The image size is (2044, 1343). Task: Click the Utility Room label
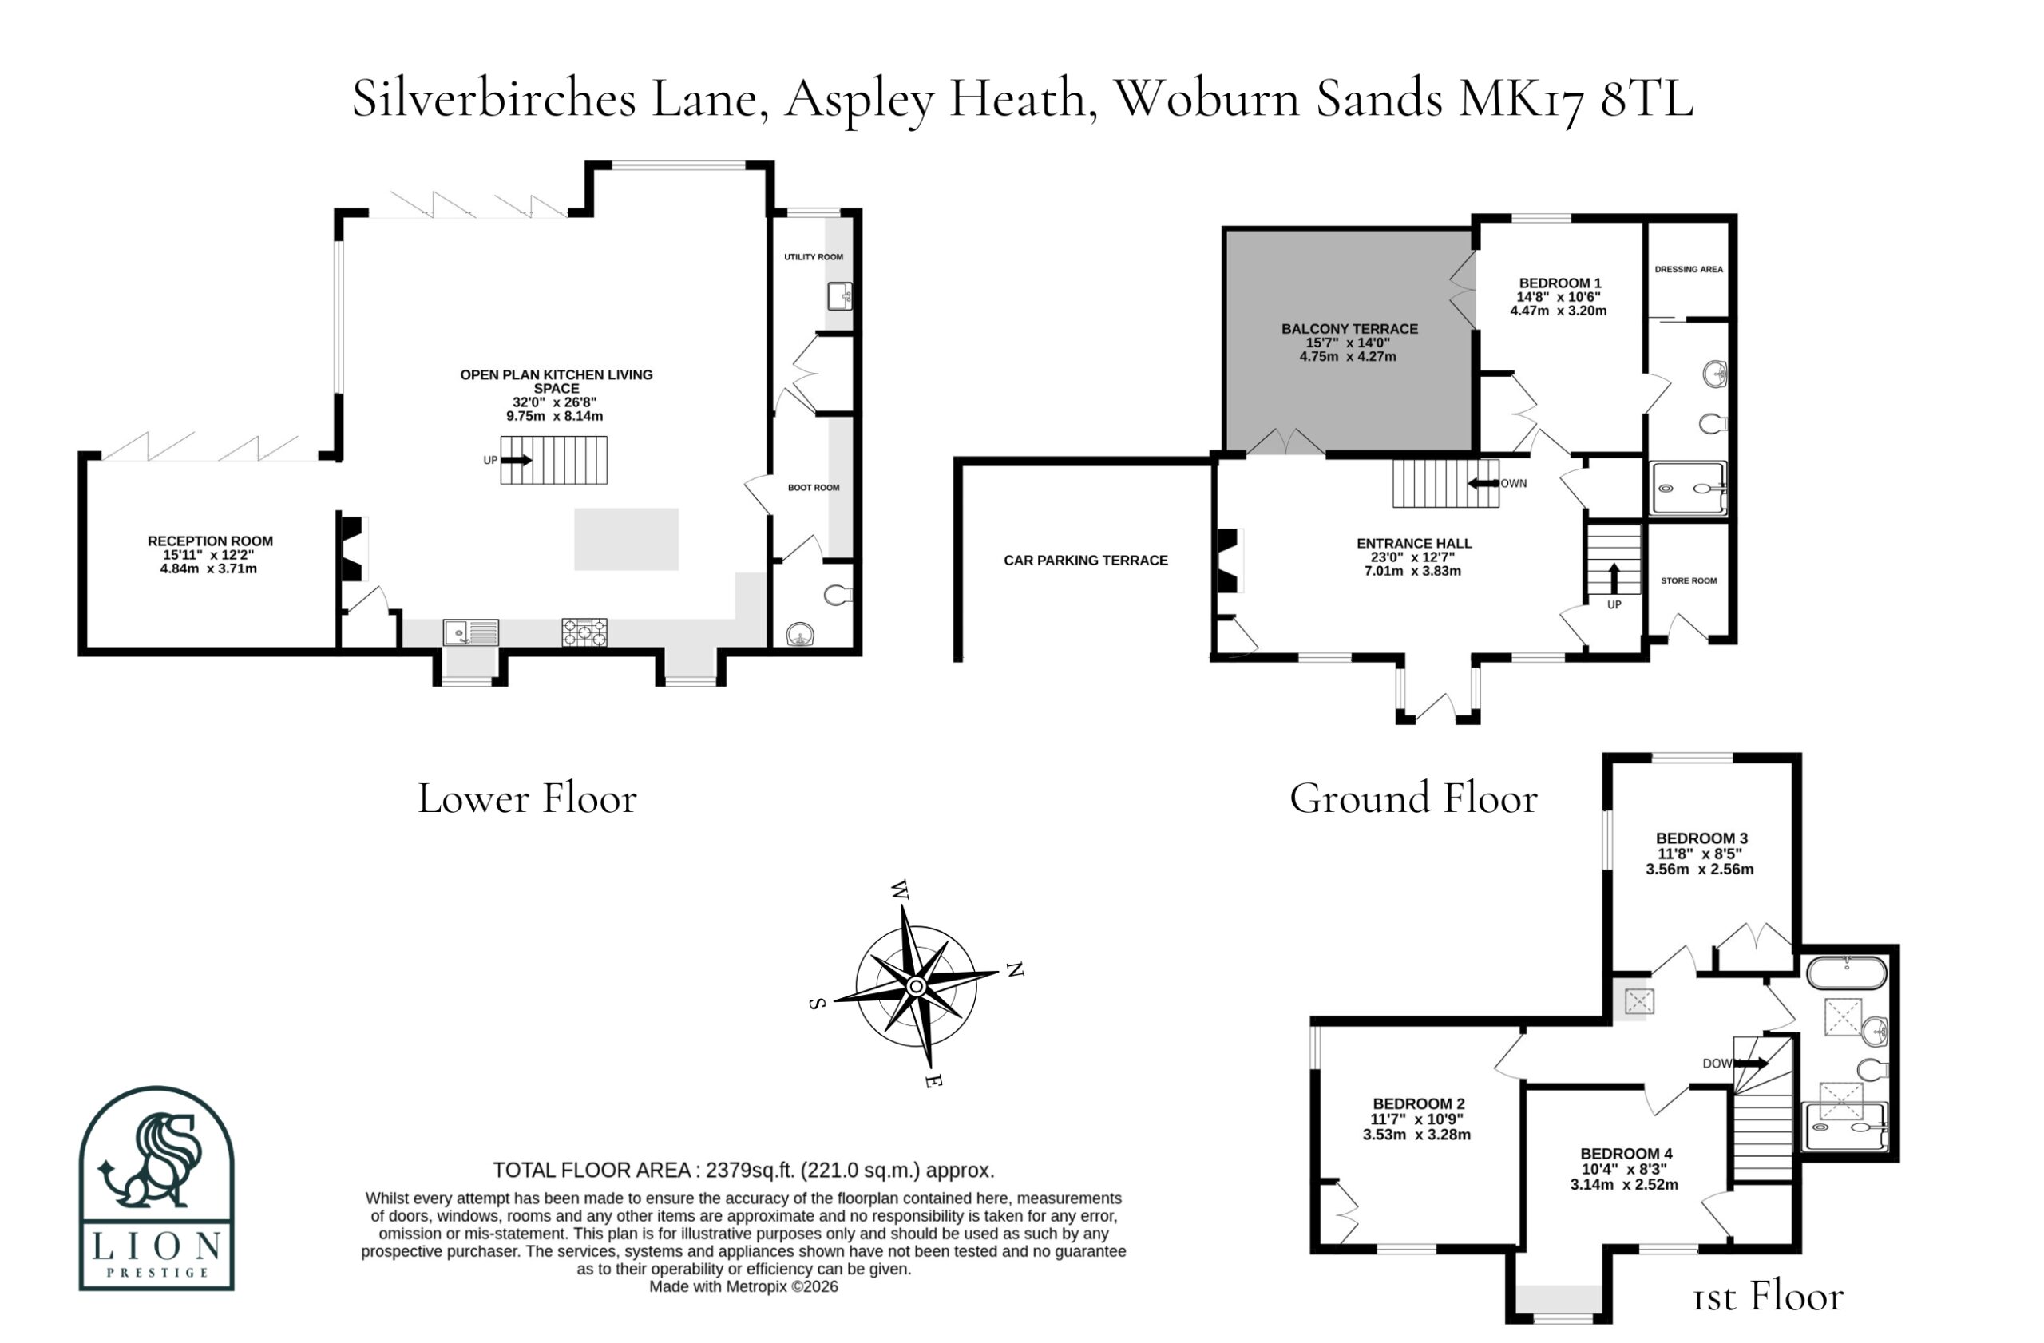pos(814,257)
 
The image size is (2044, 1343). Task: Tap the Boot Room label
pos(814,488)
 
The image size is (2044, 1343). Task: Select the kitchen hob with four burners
pos(584,633)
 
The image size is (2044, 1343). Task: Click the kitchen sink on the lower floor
pos(470,633)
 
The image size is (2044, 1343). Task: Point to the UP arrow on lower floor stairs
pos(516,460)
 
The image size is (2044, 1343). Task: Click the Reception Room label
pos(211,541)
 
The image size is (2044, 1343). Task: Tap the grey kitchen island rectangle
pos(626,539)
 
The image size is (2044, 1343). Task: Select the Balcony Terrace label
pos(1349,329)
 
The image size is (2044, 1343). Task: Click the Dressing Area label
pos(1689,270)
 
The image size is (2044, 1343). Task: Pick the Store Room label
pos(1689,581)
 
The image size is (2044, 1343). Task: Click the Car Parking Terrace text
pos(1086,561)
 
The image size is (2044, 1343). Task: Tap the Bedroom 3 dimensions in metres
pos(1700,869)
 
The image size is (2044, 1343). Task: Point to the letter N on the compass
pos(1015,969)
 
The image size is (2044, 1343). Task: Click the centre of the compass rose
pos(916,987)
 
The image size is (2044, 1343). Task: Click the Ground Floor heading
pos(1412,798)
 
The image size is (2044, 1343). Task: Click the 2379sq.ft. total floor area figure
pos(747,1171)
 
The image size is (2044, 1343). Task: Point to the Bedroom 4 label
pos(1626,1154)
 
